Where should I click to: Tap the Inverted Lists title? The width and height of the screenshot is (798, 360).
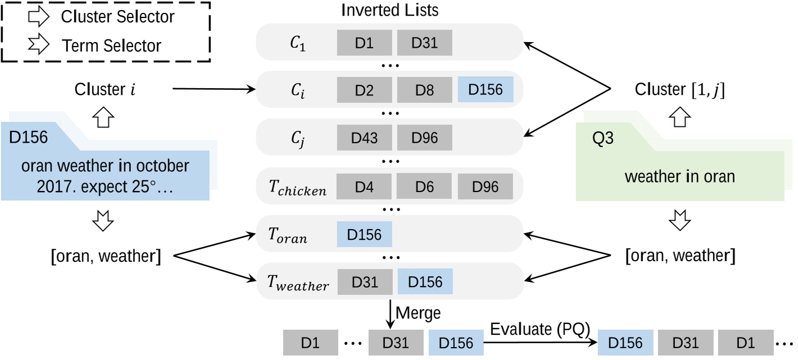pyautogui.click(x=390, y=10)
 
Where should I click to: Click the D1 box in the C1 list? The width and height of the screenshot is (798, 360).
pyautogui.click(x=364, y=43)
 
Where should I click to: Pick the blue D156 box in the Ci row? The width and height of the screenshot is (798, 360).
pyautogui.click(x=486, y=89)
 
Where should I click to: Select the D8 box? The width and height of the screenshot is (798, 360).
pyautogui.click(x=425, y=89)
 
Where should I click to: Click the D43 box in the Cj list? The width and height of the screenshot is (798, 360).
pyautogui.click(x=364, y=137)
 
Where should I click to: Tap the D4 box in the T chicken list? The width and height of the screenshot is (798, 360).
pyautogui.click(x=364, y=187)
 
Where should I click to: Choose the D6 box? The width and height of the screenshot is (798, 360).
pyautogui.click(x=425, y=187)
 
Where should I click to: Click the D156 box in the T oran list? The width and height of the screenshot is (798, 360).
pyautogui.click(x=364, y=235)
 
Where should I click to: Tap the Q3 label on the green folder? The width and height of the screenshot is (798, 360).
pyautogui.click(x=605, y=138)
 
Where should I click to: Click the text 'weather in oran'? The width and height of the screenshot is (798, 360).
pyautogui.click(x=679, y=177)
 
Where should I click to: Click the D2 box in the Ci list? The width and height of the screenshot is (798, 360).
pyautogui.click(x=364, y=89)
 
